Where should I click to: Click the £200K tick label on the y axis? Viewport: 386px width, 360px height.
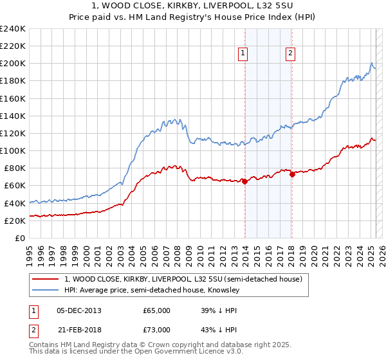point(13,64)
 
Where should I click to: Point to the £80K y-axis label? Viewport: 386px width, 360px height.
point(15,168)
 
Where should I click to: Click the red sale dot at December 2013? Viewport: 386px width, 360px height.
point(244,181)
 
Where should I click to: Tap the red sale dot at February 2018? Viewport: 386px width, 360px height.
point(292,174)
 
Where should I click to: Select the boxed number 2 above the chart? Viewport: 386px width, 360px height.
point(291,53)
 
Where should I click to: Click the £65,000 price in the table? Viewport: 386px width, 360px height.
point(156,310)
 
